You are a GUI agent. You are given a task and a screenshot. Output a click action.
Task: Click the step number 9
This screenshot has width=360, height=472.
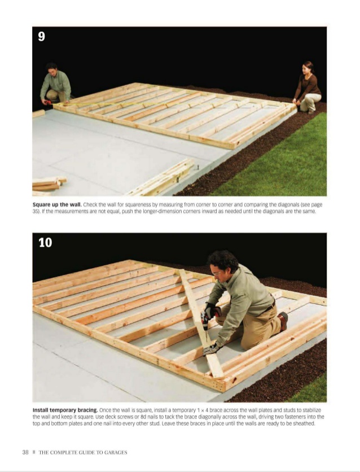(42, 37)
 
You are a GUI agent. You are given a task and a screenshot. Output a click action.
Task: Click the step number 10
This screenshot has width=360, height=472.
(45, 243)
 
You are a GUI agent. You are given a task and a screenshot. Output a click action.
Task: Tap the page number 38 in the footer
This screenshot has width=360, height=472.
(25, 452)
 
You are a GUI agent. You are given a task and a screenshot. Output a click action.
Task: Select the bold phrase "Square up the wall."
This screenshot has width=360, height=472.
(57, 205)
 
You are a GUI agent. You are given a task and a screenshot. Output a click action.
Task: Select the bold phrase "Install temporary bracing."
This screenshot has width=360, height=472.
(65, 410)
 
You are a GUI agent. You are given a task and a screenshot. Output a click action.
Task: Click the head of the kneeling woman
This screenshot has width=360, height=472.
(308, 67)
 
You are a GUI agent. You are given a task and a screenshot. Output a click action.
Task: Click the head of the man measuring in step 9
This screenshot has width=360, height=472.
(52, 69)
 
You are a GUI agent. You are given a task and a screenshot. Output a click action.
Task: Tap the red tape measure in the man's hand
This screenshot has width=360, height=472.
(47, 102)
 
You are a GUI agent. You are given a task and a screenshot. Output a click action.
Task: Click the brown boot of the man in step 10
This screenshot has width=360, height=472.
(283, 321)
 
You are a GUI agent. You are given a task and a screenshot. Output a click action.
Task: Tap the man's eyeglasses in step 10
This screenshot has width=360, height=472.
(217, 274)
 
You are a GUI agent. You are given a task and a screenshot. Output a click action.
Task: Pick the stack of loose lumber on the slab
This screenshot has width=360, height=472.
(48, 184)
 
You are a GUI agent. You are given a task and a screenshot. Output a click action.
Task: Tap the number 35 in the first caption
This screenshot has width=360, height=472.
(36, 211)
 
